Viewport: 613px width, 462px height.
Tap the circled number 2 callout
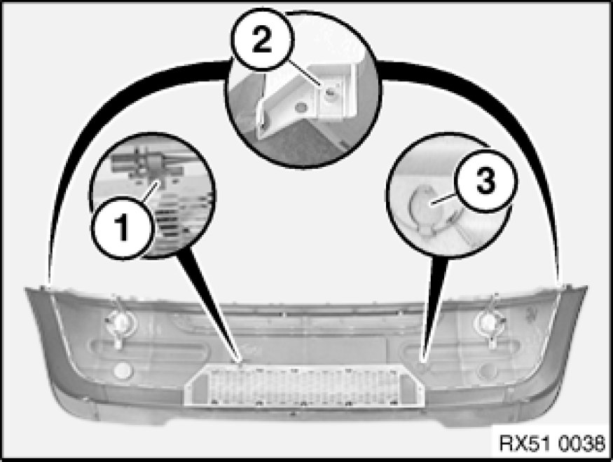point(262,40)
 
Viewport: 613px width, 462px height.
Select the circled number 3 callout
point(485,182)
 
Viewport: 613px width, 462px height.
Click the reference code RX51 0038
point(552,443)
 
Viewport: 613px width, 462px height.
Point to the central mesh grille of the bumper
point(304,385)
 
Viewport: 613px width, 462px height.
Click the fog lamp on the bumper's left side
point(120,322)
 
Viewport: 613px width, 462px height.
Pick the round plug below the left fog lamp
point(123,370)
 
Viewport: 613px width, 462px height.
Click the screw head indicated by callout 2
point(330,93)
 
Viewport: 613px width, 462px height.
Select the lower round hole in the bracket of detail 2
point(301,107)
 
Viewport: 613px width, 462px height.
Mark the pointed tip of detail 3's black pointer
point(423,359)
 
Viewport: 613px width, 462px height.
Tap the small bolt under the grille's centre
point(294,414)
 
